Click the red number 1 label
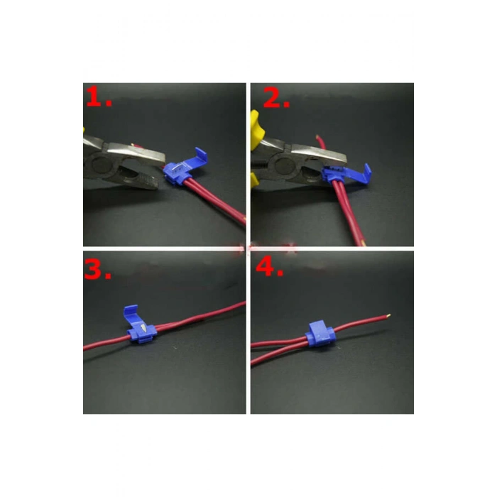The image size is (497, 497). click(x=99, y=97)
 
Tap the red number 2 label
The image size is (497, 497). click(x=276, y=98)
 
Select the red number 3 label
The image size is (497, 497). click(x=98, y=269)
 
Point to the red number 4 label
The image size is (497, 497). click(x=269, y=266)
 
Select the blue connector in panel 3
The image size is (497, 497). click(x=140, y=325)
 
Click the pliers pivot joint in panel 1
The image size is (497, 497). click(x=100, y=165)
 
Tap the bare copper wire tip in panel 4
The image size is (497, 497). click(x=388, y=316)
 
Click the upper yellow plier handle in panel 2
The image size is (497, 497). click(x=255, y=129)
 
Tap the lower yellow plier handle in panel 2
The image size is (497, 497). click(x=254, y=180)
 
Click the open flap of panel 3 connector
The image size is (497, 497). click(x=131, y=315)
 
